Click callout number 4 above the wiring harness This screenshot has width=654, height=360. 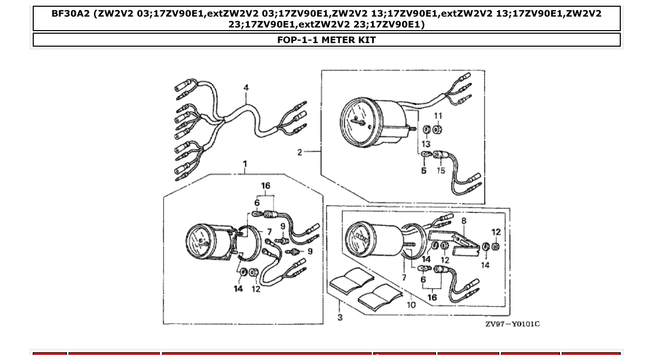(246, 88)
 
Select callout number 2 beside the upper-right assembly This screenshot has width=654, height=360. (299, 152)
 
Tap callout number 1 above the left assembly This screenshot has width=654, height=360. (245, 164)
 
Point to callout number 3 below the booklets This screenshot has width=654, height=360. (339, 317)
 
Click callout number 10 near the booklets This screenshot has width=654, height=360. (411, 304)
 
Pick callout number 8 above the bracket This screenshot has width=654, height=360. (464, 220)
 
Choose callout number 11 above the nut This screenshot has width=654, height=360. (438, 115)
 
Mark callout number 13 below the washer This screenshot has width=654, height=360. (426, 144)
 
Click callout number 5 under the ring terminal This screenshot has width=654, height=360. (424, 171)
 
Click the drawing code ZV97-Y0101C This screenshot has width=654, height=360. (512, 324)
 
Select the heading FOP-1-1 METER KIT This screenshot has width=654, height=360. (326, 40)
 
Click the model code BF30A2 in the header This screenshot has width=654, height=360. (70, 14)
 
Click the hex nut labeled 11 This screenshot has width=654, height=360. (438, 129)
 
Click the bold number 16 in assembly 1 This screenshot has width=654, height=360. (265, 186)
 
